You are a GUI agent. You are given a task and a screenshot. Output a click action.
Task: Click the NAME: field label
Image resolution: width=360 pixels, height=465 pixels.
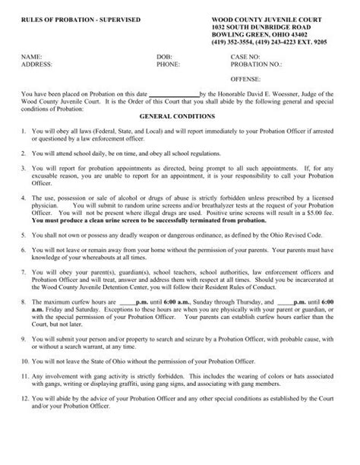coord(32,58)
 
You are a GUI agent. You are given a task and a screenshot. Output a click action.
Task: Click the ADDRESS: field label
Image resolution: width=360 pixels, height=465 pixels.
coord(37,65)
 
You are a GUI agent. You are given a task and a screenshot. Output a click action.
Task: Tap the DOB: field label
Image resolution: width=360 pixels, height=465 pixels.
coord(164,58)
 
